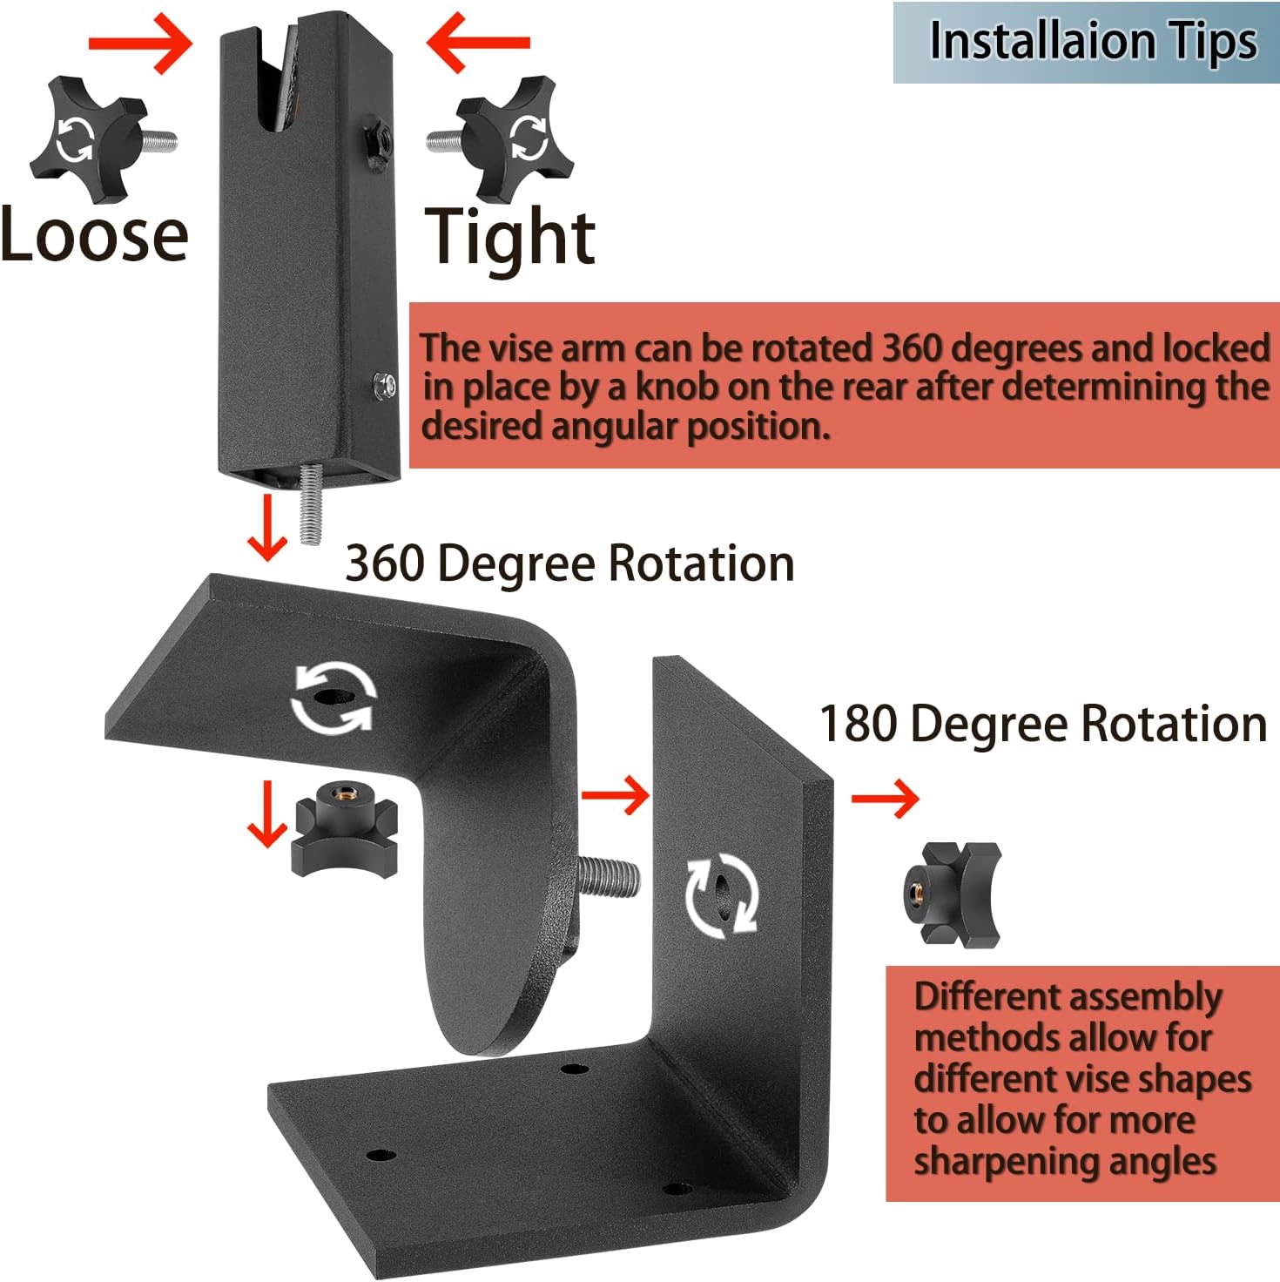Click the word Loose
[94, 235]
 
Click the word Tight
[509, 237]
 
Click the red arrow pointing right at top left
[139, 42]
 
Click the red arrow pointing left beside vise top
[478, 42]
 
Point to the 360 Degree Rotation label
[569, 563]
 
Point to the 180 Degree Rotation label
[1043, 724]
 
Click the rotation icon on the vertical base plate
[722, 895]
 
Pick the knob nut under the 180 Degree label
[952, 894]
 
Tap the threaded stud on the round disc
[609, 877]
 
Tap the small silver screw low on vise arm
[384, 384]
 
